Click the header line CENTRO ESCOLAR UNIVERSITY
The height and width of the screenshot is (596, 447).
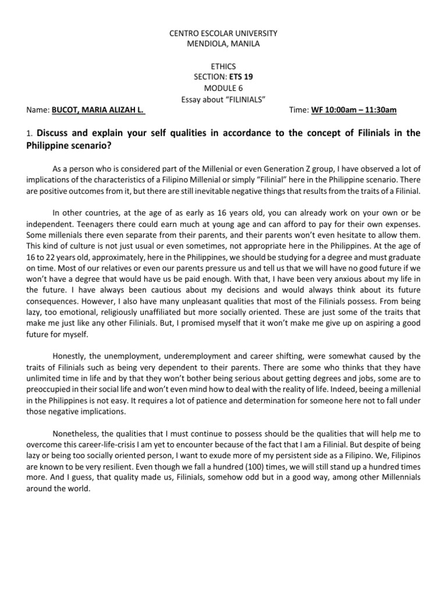pyautogui.click(x=223, y=33)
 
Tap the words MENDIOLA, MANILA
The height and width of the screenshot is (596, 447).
pyautogui.click(x=223, y=43)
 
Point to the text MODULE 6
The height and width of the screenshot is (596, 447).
pyautogui.click(x=223, y=88)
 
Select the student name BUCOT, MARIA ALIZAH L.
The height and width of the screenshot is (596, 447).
pyautogui.click(x=98, y=109)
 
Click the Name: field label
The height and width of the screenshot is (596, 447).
pyautogui.click(x=38, y=109)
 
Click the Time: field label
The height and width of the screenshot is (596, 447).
pyautogui.click(x=299, y=109)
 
